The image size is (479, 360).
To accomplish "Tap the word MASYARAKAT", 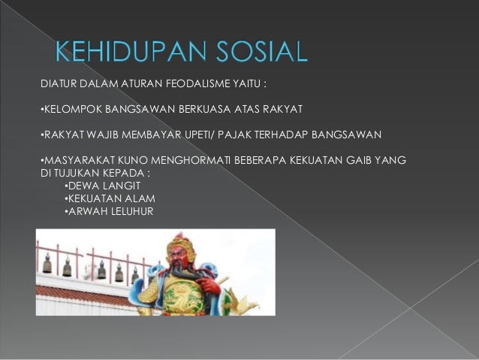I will click(76, 161).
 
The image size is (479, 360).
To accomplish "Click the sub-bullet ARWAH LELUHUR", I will click(110, 211).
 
